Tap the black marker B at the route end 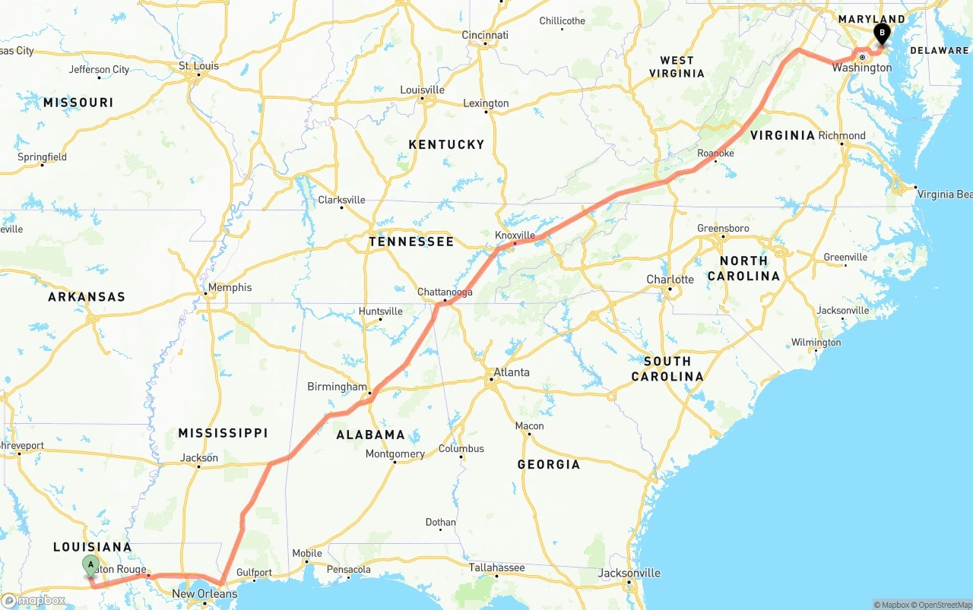(x=882, y=33)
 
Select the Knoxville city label (x=515, y=235)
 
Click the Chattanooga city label (x=445, y=292)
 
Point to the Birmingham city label (x=337, y=387)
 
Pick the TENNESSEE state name (x=411, y=242)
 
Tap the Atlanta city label (x=512, y=372)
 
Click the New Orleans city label (x=204, y=593)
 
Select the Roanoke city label (x=715, y=153)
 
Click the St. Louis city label (x=198, y=66)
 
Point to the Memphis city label (x=230, y=287)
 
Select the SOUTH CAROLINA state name (x=667, y=368)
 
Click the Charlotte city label (x=670, y=280)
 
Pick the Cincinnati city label (x=485, y=35)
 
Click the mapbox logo (x=33, y=600)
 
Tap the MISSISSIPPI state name (x=223, y=433)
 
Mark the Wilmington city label (x=816, y=343)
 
